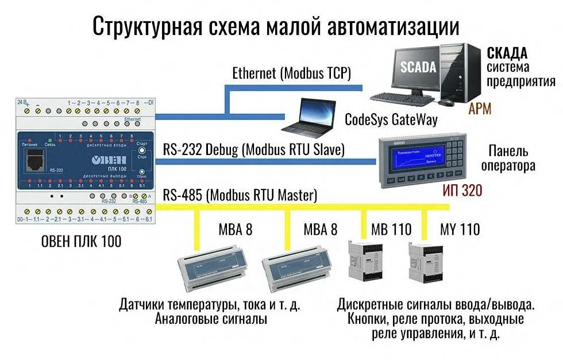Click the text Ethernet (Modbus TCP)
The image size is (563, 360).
point(291,73)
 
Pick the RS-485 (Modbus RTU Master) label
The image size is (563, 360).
point(240,195)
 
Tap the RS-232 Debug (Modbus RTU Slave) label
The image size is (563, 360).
point(253,150)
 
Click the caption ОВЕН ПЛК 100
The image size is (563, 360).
point(81,242)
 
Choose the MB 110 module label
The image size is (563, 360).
point(391,230)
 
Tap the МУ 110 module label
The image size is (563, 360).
point(460,230)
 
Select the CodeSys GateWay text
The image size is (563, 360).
point(391,119)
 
